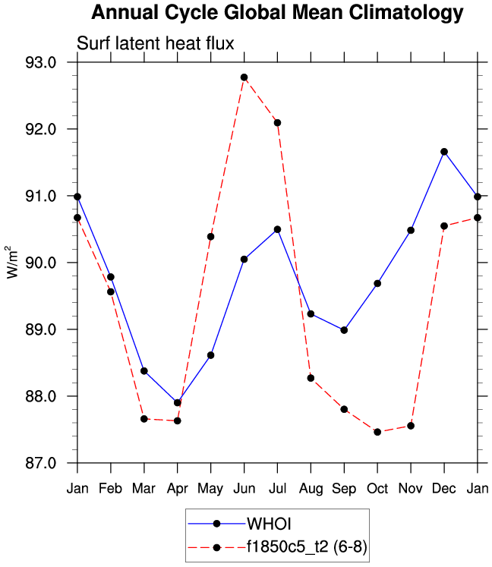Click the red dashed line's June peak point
[x=244, y=77]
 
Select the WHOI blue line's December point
[x=444, y=152]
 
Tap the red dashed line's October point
[x=377, y=432]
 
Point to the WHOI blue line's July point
[x=277, y=229]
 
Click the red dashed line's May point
[x=210, y=237]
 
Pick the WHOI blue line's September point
[x=344, y=330]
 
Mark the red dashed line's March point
[x=143, y=419]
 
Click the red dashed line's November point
[x=411, y=426]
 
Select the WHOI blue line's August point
[x=311, y=313]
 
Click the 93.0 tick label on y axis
[x=41, y=62]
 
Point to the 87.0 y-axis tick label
[x=41, y=463]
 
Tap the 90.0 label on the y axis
[x=41, y=263]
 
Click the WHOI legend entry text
[x=270, y=523]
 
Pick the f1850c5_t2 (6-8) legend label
[x=307, y=547]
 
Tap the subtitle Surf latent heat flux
[x=156, y=43]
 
